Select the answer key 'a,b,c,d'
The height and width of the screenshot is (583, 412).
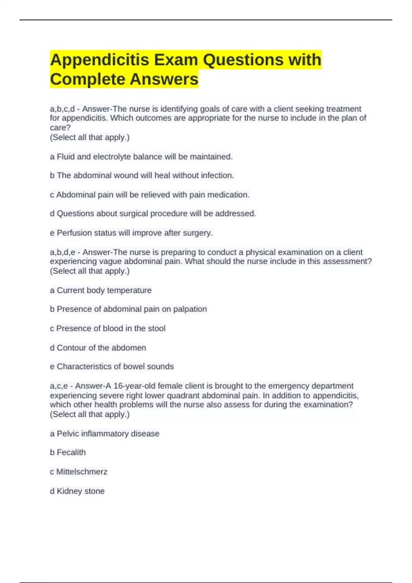(62, 109)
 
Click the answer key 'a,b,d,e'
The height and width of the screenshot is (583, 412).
(62, 252)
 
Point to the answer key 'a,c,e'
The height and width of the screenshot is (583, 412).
(59, 386)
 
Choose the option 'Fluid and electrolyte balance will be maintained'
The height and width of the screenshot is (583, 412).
(144, 157)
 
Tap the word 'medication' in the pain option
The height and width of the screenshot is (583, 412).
(228, 195)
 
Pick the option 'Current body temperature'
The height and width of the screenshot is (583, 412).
(104, 290)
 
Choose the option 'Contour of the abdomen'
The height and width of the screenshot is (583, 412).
(101, 348)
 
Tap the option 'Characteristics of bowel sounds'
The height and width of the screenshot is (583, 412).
(115, 367)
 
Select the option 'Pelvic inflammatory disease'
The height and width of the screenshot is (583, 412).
(108, 434)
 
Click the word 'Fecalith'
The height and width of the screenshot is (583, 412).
(71, 453)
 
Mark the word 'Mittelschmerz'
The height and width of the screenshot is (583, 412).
(82, 472)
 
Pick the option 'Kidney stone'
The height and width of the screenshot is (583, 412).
(80, 491)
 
